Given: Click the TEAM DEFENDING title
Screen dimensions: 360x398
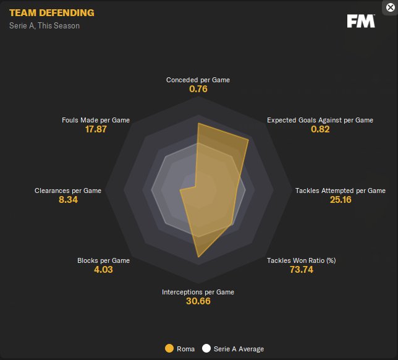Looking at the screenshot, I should point(52,13).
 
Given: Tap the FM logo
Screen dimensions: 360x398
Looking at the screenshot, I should point(360,22).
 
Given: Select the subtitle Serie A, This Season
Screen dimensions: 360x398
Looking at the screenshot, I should point(44,26).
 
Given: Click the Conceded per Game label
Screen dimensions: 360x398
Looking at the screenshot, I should point(198,80).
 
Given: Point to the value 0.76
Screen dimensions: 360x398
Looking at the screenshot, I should point(198,90).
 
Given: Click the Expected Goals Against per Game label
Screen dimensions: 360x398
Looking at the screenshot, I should point(320,120).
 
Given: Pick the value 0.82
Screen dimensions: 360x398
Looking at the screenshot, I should point(320,129).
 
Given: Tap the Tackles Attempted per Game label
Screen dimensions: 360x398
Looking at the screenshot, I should point(341,191).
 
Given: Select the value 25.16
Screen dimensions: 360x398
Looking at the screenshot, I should point(341,200).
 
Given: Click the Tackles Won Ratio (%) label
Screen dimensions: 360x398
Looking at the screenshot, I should point(301,260).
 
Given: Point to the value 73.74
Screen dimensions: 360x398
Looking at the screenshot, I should point(301,270).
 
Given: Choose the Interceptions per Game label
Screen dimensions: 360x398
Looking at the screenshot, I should point(198,292).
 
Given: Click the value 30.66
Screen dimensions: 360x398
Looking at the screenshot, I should point(198,301).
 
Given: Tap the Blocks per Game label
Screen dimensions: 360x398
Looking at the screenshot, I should point(104,260).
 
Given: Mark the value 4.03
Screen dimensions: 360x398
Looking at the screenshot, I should point(104,270).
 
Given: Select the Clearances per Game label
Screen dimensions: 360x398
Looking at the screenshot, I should point(68,191).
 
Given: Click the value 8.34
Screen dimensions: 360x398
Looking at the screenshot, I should point(68,200).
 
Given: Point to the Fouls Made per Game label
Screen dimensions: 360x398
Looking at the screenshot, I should point(96,120).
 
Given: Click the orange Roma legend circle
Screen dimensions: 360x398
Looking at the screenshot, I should point(169,349).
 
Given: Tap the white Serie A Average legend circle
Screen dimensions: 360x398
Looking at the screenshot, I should point(206,349).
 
